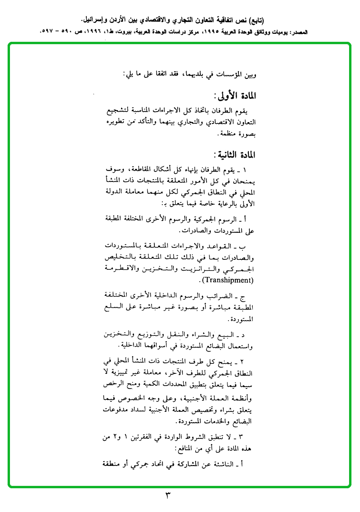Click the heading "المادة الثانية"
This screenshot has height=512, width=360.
click(x=236, y=155)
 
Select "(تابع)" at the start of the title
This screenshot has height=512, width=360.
click(x=256, y=20)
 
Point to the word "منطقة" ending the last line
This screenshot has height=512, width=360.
click(x=114, y=464)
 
